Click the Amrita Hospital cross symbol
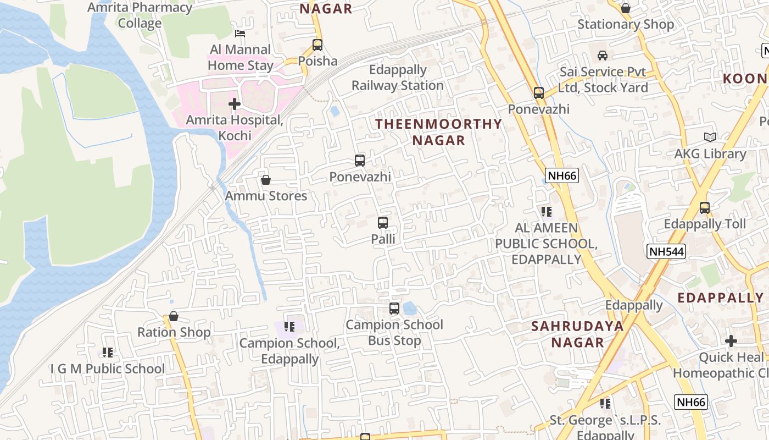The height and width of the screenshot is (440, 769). coord(235,103)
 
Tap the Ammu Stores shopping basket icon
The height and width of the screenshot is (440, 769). coord(266,180)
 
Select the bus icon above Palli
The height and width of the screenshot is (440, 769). coord(383,223)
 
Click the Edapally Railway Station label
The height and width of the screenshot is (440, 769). coord(398,78)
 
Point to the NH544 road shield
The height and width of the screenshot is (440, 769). coord(666,251)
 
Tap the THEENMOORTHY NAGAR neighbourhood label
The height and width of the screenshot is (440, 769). coord(438,132)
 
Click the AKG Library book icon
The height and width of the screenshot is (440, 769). coord(710,137)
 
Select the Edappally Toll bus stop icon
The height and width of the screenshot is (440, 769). coord(705,208)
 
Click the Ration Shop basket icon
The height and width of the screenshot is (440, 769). coord(174,316)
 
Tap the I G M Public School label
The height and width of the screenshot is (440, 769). coord(108,369)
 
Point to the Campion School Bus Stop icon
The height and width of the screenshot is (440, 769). coord(394,309)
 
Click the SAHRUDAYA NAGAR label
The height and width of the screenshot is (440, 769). coord(577,334)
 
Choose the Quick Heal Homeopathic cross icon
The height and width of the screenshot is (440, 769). coord(731,341)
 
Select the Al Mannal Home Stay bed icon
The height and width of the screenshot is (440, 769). coord(240,34)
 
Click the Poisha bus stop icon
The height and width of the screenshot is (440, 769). coord(317,45)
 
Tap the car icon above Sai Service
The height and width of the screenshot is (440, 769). coord(603,56)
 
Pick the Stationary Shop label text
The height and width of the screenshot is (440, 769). coord(625,24)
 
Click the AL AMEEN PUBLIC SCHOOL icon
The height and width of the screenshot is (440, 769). coord(546,211)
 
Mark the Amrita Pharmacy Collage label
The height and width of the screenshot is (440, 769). coord(140,15)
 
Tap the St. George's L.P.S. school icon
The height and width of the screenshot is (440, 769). coord(605,404)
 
